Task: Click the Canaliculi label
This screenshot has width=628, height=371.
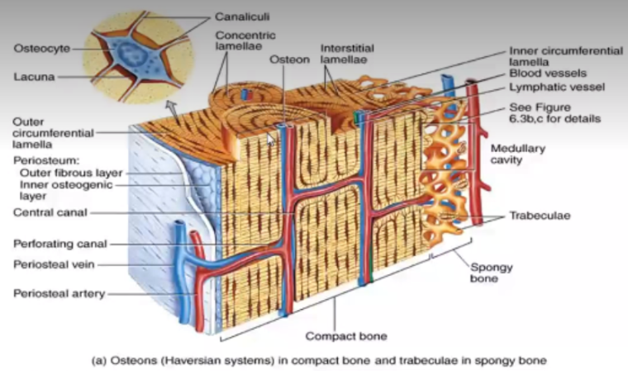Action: [x=242, y=17]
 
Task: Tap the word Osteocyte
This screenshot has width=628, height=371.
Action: [x=41, y=49]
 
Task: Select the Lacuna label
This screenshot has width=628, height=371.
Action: [x=34, y=77]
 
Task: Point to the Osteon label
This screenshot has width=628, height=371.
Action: [x=289, y=59]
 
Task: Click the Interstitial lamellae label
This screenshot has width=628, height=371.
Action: [x=347, y=54]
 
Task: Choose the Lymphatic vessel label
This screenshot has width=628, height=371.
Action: [x=557, y=88]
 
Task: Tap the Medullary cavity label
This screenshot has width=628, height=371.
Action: [x=518, y=155]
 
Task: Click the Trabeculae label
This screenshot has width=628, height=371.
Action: [x=540, y=216]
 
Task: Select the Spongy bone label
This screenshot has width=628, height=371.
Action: [x=492, y=273]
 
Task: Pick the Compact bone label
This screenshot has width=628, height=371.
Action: [x=346, y=336]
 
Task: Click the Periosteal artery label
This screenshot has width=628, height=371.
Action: [x=59, y=293]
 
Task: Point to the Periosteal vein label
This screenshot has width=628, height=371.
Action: [x=54, y=264]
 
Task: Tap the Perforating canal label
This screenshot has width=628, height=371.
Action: [x=60, y=244]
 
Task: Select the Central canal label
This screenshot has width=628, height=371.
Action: [x=50, y=212]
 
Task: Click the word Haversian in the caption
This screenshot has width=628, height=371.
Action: [x=192, y=360]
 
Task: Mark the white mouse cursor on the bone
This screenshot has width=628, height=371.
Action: [x=271, y=139]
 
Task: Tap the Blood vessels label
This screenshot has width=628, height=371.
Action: [x=548, y=74]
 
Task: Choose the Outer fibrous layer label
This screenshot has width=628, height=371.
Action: [x=71, y=173]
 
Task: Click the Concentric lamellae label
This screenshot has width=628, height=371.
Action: [x=245, y=40]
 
